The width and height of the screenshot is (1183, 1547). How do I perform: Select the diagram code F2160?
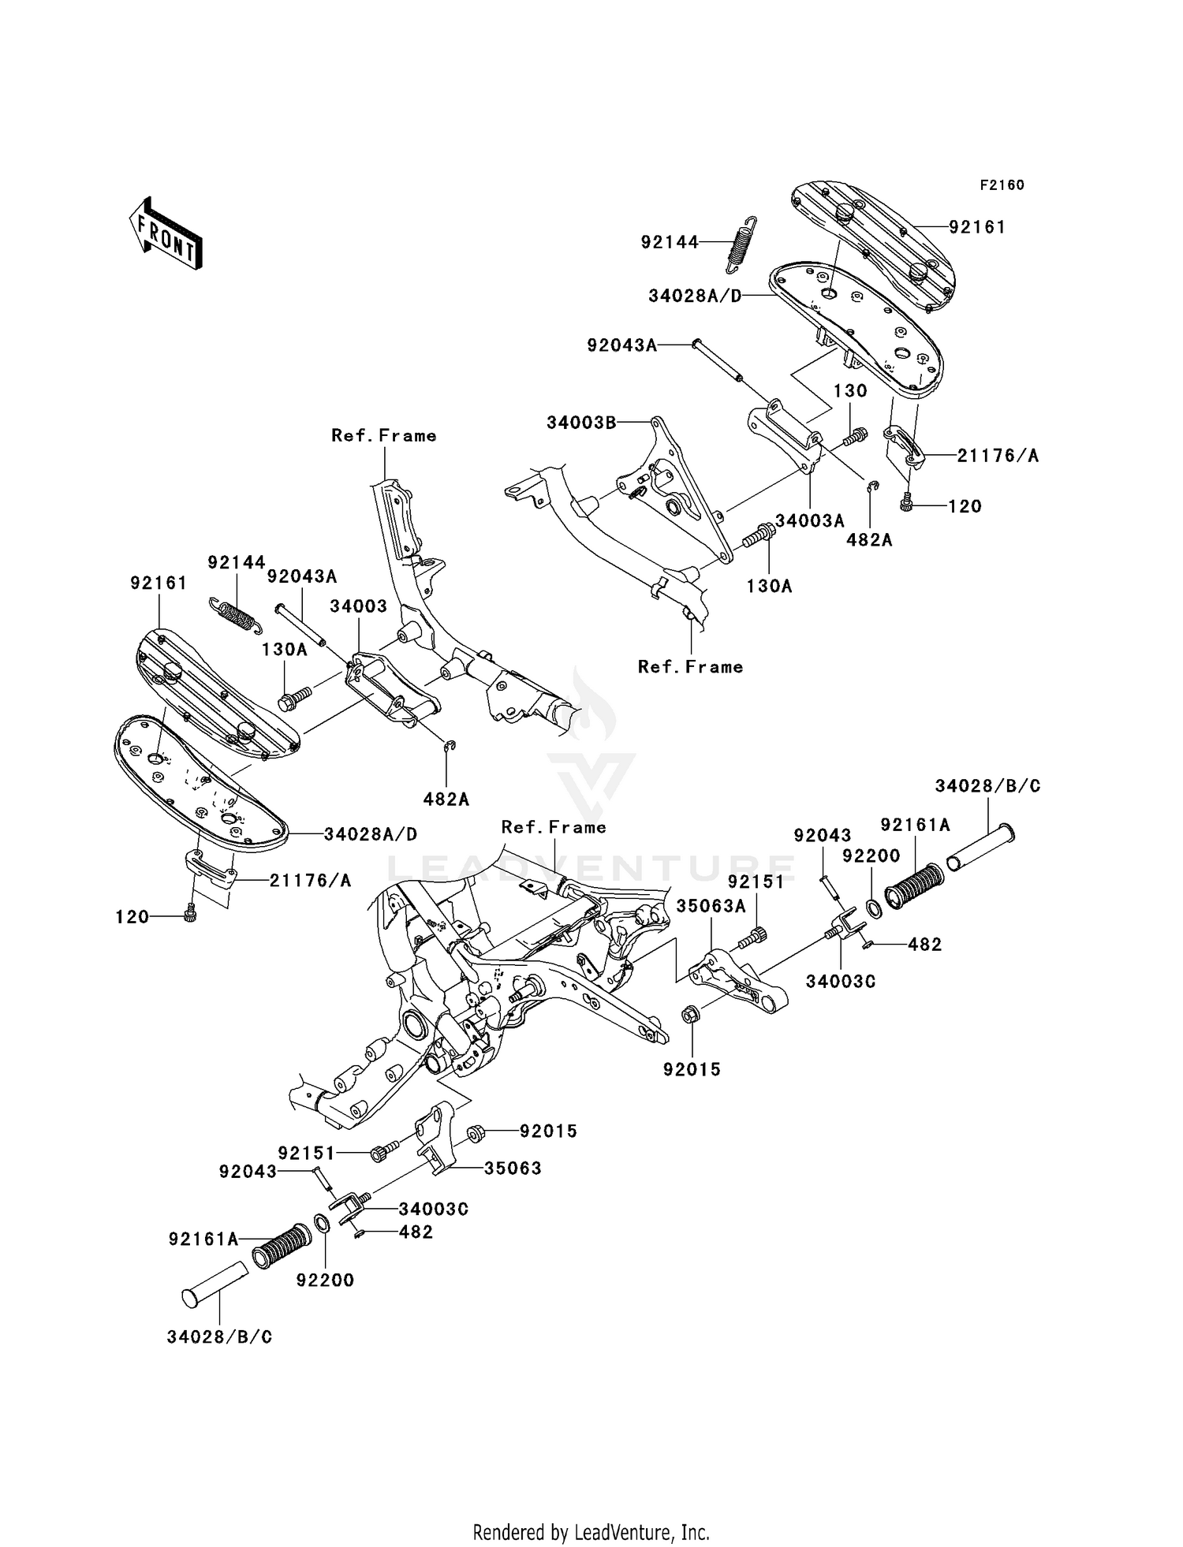click(1002, 185)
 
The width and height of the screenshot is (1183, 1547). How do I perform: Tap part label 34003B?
click(581, 423)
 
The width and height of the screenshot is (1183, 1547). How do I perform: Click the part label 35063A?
click(711, 907)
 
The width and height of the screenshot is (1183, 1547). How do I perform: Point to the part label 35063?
click(513, 1168)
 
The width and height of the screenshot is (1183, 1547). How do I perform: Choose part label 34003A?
click(810, 521)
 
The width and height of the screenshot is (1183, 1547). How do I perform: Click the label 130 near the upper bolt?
click(850, 391)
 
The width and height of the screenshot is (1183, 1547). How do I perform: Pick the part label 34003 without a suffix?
click(358, 606)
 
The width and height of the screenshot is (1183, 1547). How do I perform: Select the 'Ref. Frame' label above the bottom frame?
click(554, 827)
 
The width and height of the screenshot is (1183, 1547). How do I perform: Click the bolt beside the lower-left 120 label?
click(189, 914)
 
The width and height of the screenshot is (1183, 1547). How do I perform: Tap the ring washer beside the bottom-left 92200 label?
click(322, 1224)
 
